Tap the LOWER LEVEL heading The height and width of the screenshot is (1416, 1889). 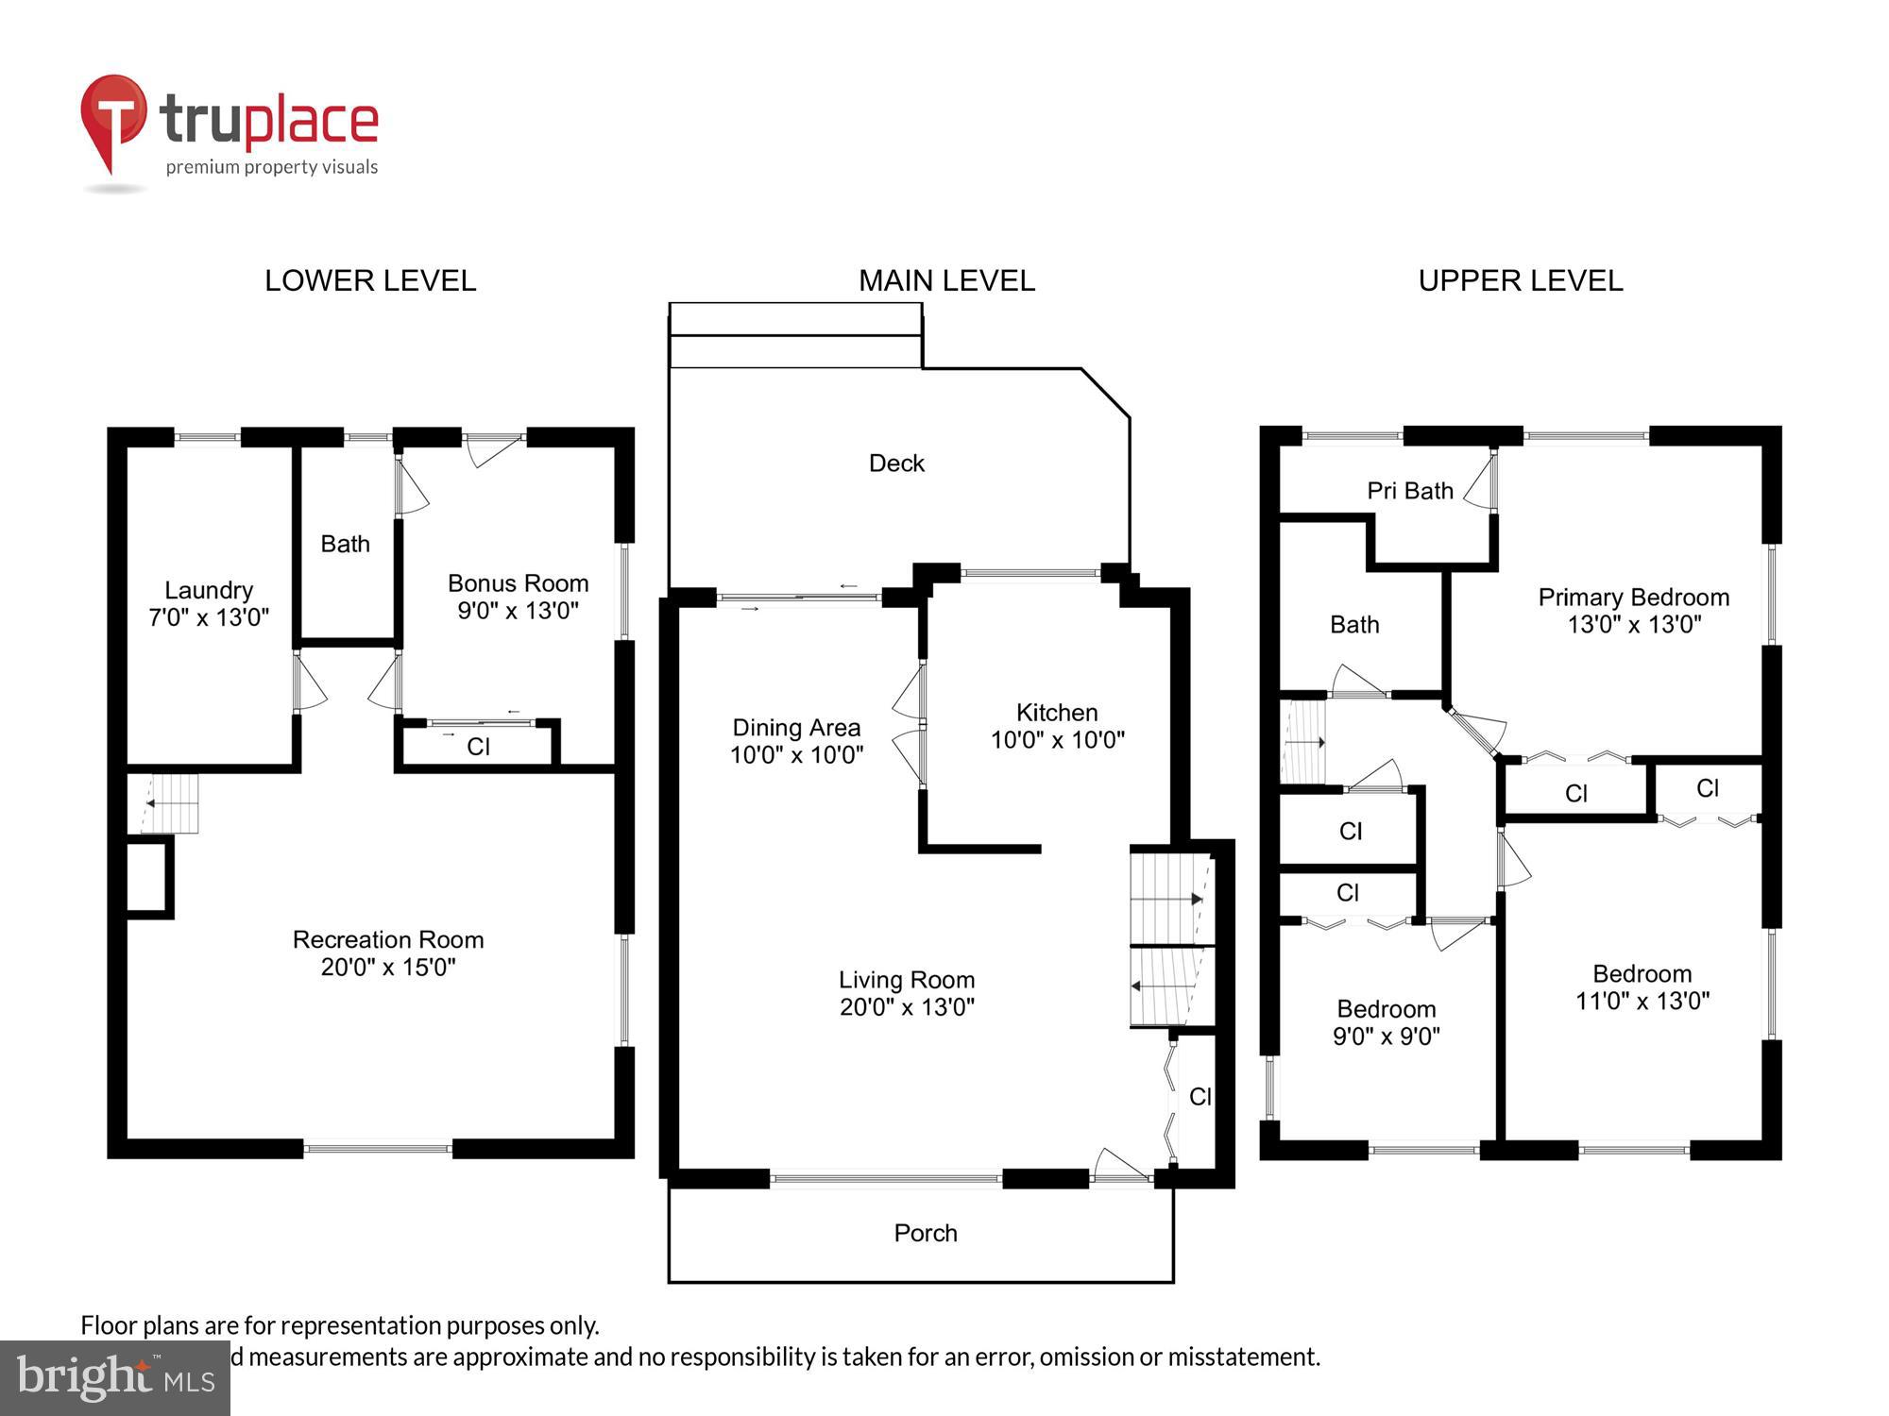[x=370, y=280]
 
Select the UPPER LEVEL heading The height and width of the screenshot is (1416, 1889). [x=1520, y=280]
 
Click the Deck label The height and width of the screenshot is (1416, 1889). [x=896, y=464]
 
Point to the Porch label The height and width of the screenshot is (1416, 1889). [x=925, y=1233]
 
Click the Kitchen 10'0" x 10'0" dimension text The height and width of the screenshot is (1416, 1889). [x=1057, y=740]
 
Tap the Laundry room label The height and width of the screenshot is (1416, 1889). [x=209, y=591]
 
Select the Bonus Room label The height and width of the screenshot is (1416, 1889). [x=518, y=583]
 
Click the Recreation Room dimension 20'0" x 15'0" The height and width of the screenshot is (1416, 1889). [x=388, y=968]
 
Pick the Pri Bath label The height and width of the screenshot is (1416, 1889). [x=1409, y=491]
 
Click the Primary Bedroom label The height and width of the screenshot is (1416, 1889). [x=1633, y=598]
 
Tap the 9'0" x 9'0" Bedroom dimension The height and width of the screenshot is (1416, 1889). [x=1386, y=1037]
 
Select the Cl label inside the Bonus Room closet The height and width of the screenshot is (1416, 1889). [x=478, y=747]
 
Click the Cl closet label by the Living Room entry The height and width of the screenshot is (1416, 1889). [x=1200, y=1097]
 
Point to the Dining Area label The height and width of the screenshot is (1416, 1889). [x=796, y=728]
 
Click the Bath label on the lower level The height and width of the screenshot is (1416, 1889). [x=345, y=544]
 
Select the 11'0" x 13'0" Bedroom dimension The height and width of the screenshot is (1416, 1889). [x=1642, y=1002]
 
